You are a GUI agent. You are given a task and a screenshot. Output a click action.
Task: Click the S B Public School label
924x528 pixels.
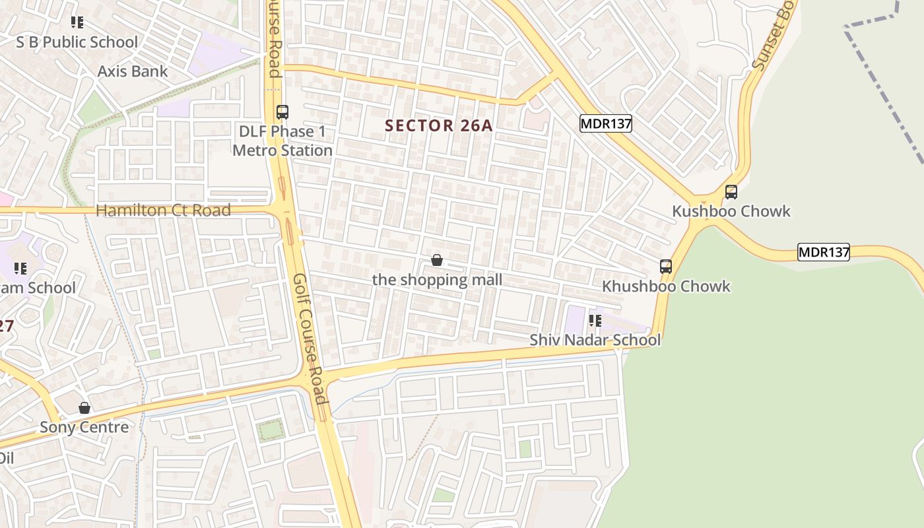(x=77, y=42)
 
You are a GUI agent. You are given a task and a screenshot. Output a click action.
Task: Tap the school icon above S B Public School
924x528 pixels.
(x=77, y=22)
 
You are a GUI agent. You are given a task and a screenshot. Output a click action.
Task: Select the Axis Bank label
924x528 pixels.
(x=133, y=71)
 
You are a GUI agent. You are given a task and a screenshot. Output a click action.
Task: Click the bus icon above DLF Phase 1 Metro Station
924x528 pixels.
(x=282, y=112)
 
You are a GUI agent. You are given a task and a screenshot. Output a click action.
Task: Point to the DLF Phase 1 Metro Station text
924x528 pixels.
(x=282, y=141)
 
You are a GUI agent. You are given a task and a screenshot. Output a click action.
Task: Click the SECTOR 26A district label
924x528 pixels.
(x=439, y=125)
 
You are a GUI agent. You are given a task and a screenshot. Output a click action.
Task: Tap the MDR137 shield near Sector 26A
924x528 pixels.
(x=606, y=123)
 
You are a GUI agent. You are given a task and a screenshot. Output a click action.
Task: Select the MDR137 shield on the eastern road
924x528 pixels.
(x=824, y=252)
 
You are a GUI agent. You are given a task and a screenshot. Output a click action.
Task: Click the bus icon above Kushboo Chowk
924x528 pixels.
(x=731, y=192)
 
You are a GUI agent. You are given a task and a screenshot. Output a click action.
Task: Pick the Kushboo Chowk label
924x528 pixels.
(x=731, y=211)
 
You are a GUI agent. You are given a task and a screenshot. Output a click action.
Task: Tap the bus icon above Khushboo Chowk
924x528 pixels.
(x=666, y=267)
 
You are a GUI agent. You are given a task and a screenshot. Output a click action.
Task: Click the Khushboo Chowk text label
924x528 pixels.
(x=666, y=286)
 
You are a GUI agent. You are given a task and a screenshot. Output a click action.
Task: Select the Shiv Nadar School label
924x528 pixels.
(x=595, y=340)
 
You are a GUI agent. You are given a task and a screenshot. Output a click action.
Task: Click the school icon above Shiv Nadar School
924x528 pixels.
(x=595, y=321)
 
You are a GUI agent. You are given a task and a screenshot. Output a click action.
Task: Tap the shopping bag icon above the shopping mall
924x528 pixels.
(x=436, y=260)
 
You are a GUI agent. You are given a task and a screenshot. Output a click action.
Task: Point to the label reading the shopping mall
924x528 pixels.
(x=437, y=280)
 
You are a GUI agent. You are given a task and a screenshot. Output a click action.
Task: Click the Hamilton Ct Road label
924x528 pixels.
(x=164, y=211)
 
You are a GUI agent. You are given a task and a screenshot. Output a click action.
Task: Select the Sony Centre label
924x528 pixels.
(x=84, y=427)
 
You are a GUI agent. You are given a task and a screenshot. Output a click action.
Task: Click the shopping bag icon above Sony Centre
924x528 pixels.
(x=84, y=408)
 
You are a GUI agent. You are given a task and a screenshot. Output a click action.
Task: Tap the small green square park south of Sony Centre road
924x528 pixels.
(x=271, y=430)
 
